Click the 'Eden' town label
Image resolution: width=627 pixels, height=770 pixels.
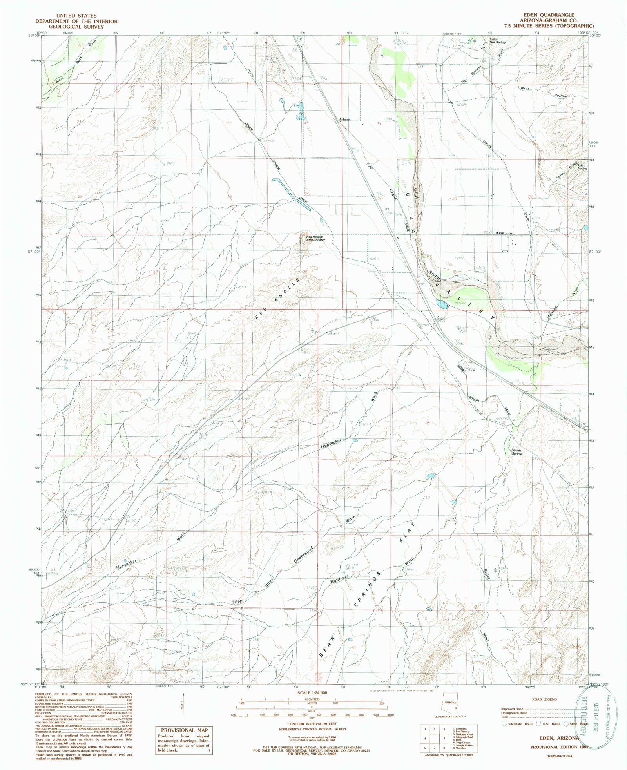tap(500, 233)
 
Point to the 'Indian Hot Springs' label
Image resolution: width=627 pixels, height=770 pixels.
tap(498, 41)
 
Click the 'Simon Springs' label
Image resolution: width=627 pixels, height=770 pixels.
tap(516, 452)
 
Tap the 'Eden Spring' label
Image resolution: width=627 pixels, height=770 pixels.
tap(581, 167)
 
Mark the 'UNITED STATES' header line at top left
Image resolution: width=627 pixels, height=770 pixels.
tap(76, 16)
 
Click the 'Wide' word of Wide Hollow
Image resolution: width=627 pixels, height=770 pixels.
tap(525, 89)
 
